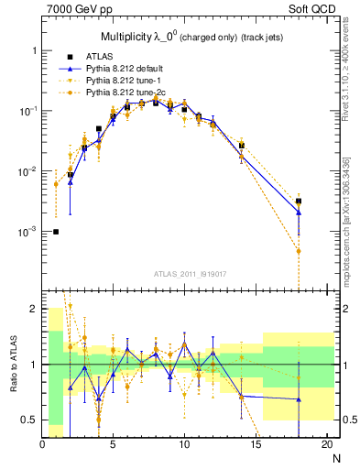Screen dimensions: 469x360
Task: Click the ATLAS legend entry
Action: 111,56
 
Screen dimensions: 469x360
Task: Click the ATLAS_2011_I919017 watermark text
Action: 191,272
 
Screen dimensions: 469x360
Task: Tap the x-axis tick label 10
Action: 184,444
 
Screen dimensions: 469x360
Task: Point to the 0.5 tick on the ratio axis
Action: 29,420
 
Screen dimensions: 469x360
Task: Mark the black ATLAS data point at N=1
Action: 56,232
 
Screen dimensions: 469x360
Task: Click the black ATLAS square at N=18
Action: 299,201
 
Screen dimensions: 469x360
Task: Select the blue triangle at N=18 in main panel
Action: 299,213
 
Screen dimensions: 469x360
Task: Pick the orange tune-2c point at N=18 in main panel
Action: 299,250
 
